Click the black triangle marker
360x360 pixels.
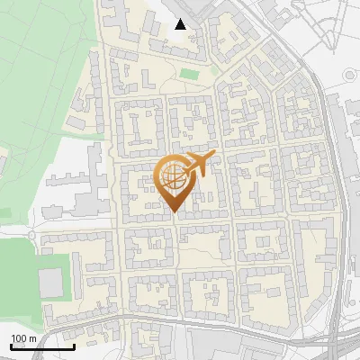181,24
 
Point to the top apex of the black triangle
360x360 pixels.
181,19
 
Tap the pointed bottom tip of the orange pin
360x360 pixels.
174,212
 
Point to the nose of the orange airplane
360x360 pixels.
211,156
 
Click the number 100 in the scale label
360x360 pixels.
19,337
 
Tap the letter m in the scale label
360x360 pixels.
32,337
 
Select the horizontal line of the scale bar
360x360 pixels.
42,346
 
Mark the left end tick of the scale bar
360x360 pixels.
11,345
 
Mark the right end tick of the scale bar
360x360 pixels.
74,345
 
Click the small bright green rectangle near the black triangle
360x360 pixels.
189,74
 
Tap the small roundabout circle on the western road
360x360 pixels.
31,235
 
